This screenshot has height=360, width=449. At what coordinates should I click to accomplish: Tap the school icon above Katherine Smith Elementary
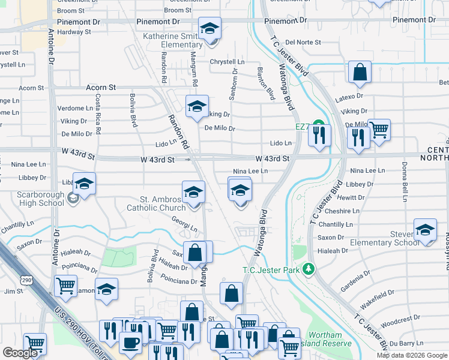(x=210, y=28)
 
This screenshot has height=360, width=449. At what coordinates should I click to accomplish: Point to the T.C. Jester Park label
(x=271, y=270)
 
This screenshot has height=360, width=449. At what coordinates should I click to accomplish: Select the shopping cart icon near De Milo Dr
(x=379, y=129)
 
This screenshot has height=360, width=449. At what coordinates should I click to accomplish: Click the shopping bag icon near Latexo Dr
(x=360, y=72)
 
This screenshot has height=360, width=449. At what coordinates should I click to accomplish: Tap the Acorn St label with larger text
(x=100, y=87)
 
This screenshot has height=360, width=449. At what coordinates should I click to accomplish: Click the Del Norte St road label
(x=303, y=43)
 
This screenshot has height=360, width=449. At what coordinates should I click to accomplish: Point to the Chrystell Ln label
(x=227, y=62)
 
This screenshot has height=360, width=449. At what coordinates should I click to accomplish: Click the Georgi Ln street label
(x=185, y=229)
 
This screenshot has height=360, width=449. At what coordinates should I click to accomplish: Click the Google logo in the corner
(x=20, y=352)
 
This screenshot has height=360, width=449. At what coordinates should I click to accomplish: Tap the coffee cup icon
(x=130, y=343)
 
